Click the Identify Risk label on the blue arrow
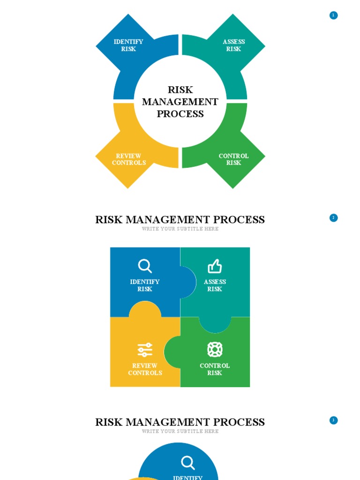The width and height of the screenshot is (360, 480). (128, 45)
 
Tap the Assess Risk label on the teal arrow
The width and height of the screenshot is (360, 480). (233, 45)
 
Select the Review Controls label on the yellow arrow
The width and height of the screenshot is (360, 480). (129, 159)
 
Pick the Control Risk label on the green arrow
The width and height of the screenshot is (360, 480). (233, 159)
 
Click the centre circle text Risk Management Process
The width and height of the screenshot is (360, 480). (180, 102)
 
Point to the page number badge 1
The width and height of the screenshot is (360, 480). (333, 15)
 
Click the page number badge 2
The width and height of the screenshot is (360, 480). (333, 218)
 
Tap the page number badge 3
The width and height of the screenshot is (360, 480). (333, 420)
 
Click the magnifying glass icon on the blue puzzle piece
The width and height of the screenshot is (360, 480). (145, 266)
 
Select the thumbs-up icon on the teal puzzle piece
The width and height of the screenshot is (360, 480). (215, 266)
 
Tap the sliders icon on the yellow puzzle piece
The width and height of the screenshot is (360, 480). (145, 350)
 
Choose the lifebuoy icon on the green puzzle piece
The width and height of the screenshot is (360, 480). (215, 350)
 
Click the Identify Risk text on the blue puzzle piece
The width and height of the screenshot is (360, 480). (145, 285)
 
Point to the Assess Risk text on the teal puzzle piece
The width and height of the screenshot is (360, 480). (215, 285)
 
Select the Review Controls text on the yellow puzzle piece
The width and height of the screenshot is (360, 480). (145, 369)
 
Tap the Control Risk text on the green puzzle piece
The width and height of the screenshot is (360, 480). (215, 369)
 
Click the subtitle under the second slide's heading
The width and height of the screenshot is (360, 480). (180, 229)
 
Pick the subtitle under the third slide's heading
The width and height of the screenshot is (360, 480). (180, 431)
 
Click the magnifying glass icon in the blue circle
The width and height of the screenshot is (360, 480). (188, 463)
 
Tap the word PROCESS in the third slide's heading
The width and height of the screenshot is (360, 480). (239, 422)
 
